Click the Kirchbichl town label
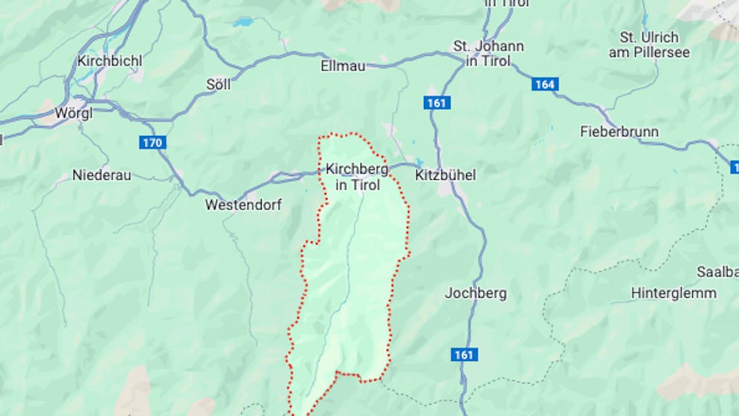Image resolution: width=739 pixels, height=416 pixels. pos(109,61)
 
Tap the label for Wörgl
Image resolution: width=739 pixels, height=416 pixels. pos(74,115)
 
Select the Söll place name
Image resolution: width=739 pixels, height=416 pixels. pos(218,85)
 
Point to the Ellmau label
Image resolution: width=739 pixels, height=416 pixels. pos(342,66)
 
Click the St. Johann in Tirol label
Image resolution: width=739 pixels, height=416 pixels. pos(488,53)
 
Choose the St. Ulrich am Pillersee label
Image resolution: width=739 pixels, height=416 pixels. pos(649,45)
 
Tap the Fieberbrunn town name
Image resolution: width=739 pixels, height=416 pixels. pos(619,131)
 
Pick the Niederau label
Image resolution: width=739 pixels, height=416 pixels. pos(101,175)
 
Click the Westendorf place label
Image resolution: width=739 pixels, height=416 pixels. pos(243,204)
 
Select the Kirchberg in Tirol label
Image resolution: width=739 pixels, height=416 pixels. pos(357,177)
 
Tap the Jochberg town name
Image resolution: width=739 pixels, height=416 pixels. pos(476,293)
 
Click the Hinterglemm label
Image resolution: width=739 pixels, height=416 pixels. pos(674,293)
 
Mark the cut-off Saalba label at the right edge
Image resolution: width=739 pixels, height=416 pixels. pos(717,271)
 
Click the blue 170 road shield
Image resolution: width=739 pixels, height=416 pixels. pos(152,142)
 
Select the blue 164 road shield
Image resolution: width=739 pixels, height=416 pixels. pos(544,84)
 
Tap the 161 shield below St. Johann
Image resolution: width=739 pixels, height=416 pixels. pos(436,103)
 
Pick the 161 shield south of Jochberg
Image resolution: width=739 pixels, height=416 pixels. pos(463,355)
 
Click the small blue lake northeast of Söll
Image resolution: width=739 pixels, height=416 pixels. pos(242,22)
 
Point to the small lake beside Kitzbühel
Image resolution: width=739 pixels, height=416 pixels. pos(419,162)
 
